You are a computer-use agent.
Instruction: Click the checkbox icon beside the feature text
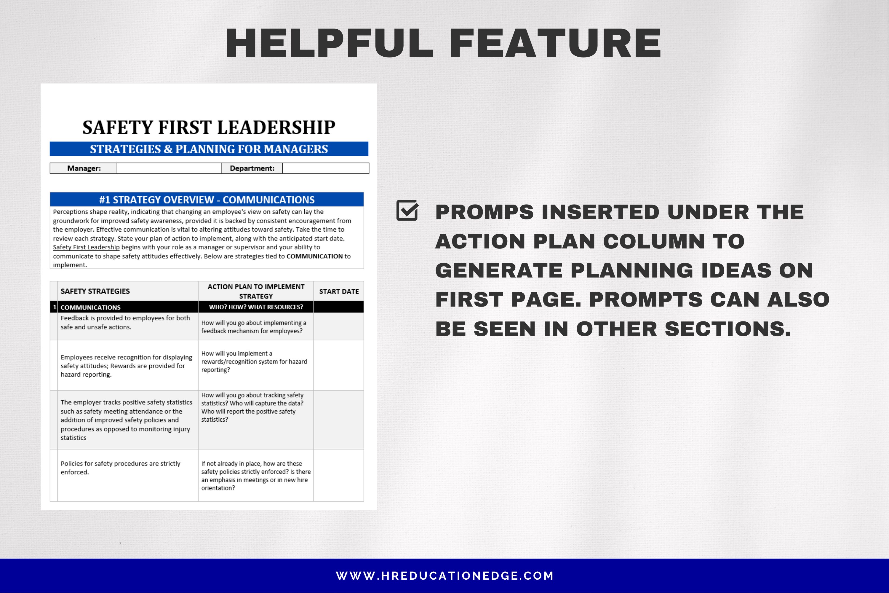(407, 211)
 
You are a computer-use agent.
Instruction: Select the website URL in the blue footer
(444, 576)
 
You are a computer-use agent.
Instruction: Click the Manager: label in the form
(84, 168)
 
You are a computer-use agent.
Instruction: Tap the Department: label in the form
(252, 168)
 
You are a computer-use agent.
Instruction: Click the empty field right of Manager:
(169, 168)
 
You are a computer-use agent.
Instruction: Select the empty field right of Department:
(325, 168)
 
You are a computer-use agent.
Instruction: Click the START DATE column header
(339, 291)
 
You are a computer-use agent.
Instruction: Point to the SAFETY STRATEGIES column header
(95, 291)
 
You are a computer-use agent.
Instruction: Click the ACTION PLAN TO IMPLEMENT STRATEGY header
(256, 291)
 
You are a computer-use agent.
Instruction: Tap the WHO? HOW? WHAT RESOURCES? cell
(256, 307)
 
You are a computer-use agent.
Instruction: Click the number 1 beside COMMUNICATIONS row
(55, 307)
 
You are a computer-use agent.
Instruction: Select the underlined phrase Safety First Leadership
(86, 247)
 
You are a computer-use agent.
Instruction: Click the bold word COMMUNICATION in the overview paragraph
(314, 256)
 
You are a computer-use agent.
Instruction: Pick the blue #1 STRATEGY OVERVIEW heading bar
(207, 200)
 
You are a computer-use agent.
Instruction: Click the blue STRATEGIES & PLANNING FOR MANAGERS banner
(209, 149)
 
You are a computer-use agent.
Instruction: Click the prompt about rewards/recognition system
(254, 361)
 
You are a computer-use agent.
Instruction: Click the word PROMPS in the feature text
(485, 212)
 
